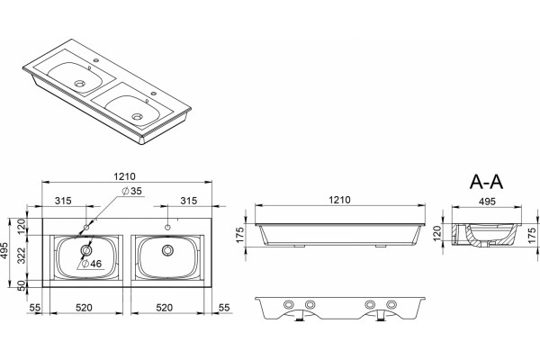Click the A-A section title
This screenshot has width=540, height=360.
coord(486,182)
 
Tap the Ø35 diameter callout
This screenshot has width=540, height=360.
coord(132,191)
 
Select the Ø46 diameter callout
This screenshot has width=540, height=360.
coord(92,264)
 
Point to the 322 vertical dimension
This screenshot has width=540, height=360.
coord(22,255)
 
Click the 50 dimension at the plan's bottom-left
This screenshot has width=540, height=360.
coord(22,285)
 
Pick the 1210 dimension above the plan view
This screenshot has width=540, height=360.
coord(125,176)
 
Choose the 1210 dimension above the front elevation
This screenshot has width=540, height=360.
coord(339,200)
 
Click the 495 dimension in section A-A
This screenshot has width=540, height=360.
coord(487,202)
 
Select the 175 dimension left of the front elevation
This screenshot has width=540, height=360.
coord(240,235)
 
